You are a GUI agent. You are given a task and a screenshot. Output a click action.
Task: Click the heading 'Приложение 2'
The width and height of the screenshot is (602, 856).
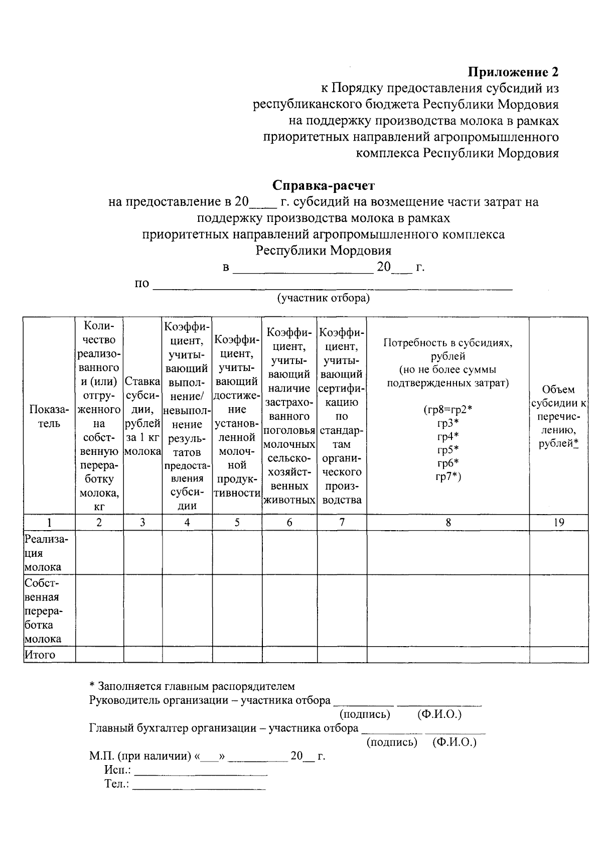click(513, 72)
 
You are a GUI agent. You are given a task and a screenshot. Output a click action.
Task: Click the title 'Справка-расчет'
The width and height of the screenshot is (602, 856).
click(324, 186)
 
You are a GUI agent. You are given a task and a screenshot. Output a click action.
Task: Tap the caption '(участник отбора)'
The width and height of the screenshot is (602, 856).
click(324, 298)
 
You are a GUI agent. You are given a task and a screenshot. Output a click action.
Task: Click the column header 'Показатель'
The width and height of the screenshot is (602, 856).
click(49, 416)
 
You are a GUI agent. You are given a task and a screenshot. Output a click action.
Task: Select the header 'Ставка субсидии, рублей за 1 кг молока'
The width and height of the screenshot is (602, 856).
click(142, 416)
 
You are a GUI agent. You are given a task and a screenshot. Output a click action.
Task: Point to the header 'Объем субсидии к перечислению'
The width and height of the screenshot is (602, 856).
click(558, 416)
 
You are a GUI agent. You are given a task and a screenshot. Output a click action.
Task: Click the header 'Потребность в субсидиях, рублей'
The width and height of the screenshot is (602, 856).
click(447, 350)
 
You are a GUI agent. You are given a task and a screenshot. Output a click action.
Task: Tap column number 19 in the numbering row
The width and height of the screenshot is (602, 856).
click(558, 523)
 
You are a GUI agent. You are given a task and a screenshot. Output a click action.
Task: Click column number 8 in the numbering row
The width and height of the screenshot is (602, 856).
click(448, 523)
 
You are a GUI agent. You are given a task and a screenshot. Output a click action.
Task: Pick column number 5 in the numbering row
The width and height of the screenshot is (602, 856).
click(237, 523)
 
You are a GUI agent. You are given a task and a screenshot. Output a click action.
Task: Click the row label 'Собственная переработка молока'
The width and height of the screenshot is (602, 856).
click(44, 610)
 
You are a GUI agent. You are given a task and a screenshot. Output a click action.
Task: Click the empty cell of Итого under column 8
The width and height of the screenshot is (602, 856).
click(448, 655)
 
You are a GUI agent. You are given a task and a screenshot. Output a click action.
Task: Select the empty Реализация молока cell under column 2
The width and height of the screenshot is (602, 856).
click(99, 553)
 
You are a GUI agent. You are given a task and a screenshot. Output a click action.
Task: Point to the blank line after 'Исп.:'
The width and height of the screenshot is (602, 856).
click(201, 770)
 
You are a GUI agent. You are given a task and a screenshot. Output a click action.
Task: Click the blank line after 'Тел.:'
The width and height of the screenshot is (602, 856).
click(199, 784)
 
